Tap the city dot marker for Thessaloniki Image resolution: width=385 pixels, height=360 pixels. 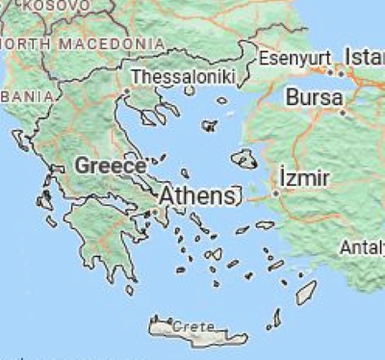[126, 92]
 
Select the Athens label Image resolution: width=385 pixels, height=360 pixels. [196, 196]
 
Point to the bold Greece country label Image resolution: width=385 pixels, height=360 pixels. [110, 165]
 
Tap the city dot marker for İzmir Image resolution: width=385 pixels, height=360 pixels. [275, 193]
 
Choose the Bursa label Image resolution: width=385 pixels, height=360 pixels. [314, 98]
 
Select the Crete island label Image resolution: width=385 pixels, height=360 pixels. [193, 327]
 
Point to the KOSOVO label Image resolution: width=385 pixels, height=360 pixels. [43, 6]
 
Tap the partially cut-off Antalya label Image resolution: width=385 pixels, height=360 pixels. [362, 247]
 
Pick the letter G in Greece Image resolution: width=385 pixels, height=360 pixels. [83, 165]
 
